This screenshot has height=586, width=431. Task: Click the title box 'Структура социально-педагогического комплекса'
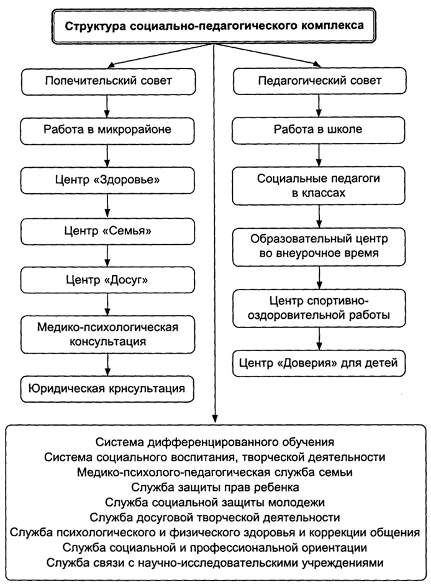214,25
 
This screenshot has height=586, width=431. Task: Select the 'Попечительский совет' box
108,81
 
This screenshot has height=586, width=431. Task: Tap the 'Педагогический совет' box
320,81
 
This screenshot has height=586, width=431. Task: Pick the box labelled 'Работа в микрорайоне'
107,130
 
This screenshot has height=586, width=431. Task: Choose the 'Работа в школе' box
318,130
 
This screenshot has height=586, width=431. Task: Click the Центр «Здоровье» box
107,180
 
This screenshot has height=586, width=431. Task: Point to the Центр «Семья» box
107,231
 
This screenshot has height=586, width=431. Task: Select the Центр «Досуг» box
107,280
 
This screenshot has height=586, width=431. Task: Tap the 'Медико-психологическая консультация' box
107,334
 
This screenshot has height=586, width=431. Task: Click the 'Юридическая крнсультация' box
107,389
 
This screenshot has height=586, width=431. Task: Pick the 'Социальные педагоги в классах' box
319,186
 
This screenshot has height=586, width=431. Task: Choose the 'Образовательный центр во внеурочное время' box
319,247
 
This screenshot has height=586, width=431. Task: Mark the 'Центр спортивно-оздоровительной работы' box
319,308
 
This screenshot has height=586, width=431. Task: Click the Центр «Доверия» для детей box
319,364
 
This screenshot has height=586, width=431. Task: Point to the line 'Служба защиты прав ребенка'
215,487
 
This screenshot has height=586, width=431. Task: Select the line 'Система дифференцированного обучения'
215,442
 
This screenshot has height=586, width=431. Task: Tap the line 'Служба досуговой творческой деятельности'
215,518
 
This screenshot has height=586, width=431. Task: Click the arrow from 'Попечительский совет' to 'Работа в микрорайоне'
107,106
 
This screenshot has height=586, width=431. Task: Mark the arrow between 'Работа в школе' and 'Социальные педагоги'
319,155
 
